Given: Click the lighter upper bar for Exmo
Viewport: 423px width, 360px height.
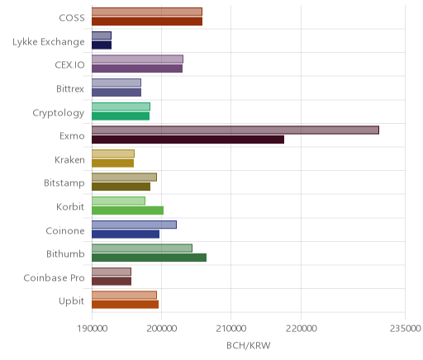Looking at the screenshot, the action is point(235,130).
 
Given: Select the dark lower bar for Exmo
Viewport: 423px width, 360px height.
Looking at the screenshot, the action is point(188,140).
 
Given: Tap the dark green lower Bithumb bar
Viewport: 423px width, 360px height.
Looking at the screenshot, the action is point(150,258).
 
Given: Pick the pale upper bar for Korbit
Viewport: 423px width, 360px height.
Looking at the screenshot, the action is point(118,201).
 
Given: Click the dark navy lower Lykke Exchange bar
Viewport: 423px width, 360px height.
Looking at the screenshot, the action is point(102,45).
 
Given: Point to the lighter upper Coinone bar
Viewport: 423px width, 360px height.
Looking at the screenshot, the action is point(135,225).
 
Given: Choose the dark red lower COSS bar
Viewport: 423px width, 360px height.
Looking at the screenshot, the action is point(147,21).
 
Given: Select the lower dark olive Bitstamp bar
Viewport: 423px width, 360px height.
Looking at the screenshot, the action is point(121,187).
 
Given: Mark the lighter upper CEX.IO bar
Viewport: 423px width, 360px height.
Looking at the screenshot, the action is point(137,59).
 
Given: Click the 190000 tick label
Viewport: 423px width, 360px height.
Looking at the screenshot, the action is point(92,329).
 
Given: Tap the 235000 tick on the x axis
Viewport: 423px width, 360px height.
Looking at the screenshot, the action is point(405,329).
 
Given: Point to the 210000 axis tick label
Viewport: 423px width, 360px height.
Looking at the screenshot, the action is point(231,329).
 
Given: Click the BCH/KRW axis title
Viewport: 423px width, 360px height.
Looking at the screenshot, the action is point(249,345).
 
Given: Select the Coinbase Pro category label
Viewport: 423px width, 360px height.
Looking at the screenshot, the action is point(54,277).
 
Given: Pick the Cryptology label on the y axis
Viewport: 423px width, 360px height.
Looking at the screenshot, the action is point(59,113).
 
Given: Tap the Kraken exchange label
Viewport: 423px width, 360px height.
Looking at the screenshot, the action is point(69,159).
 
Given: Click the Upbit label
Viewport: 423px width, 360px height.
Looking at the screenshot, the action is point(71,301).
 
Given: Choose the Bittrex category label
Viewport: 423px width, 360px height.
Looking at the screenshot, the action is point(70,88).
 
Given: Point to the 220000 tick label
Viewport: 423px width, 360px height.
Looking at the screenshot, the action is point(301,329).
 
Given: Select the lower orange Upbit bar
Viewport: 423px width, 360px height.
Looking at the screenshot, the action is point(126,305).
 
